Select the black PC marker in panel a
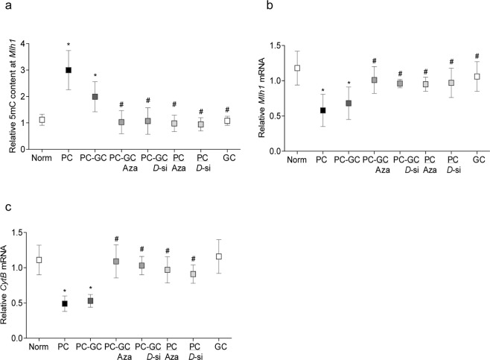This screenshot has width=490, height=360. (x=68, y=70)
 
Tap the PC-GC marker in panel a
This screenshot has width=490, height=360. (x=95, y=96)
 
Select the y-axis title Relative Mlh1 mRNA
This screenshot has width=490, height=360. (x=261, y=99)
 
